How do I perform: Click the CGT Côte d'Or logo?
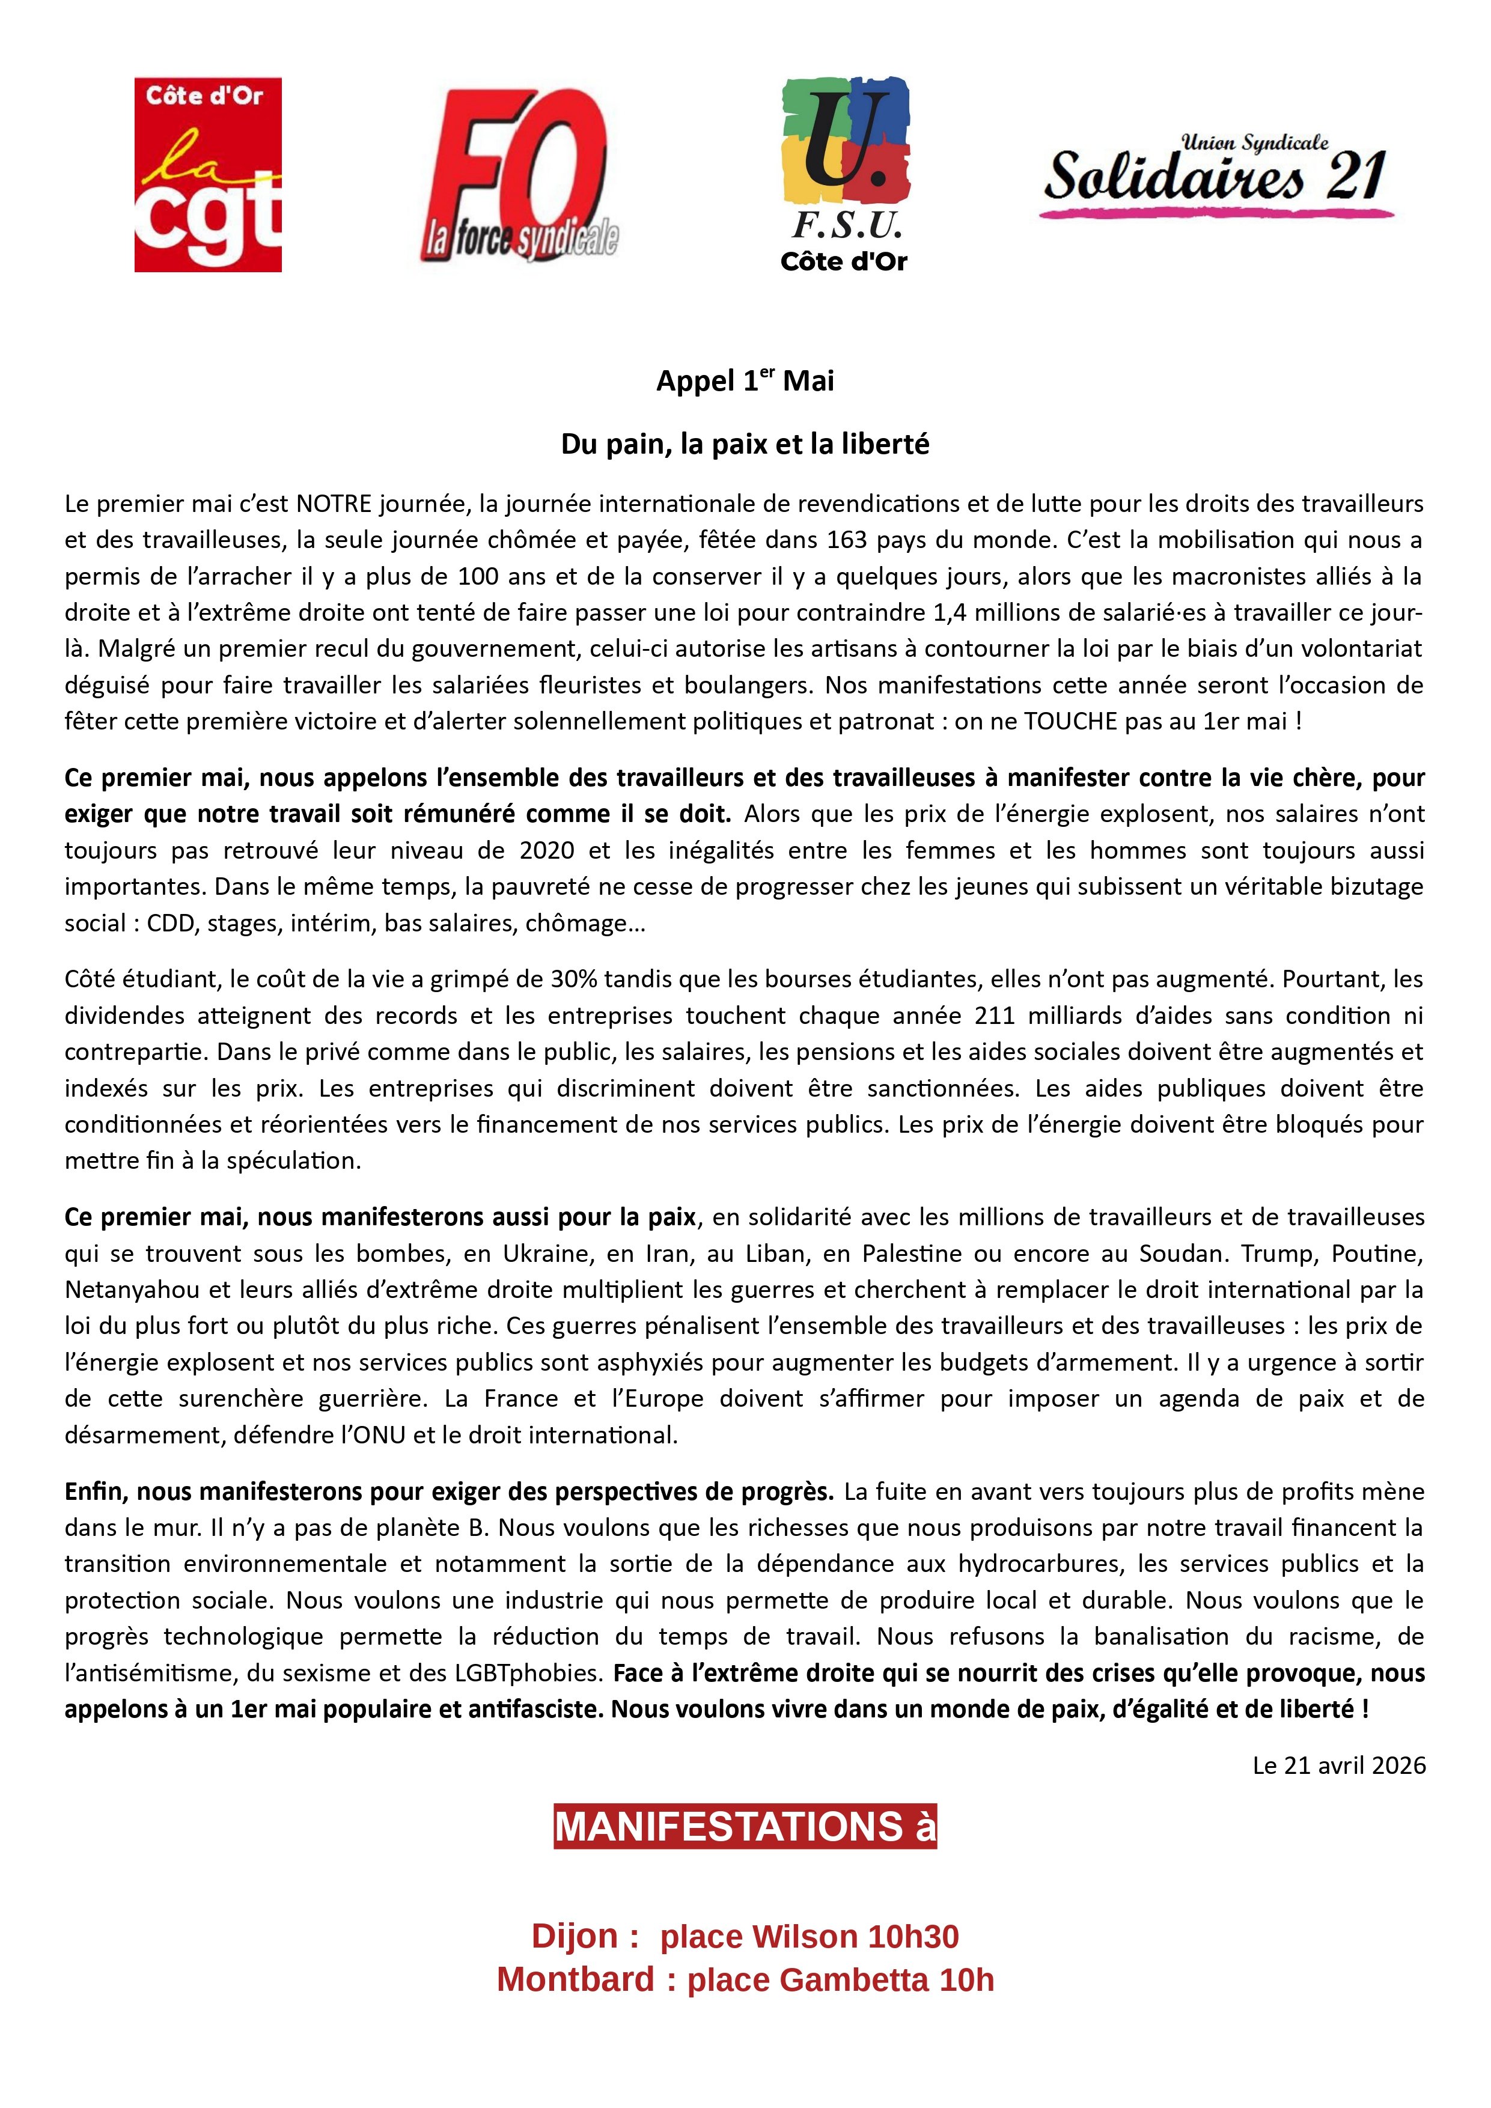(x=207, y=174)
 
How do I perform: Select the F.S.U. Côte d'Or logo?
(x=844, y=174)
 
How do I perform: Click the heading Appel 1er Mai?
(x=745, y=380)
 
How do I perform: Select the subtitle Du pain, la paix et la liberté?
(x=745, y=444)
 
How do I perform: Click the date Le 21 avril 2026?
(x=1338, y=1765)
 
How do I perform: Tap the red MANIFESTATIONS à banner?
(x=745, y=1826)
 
